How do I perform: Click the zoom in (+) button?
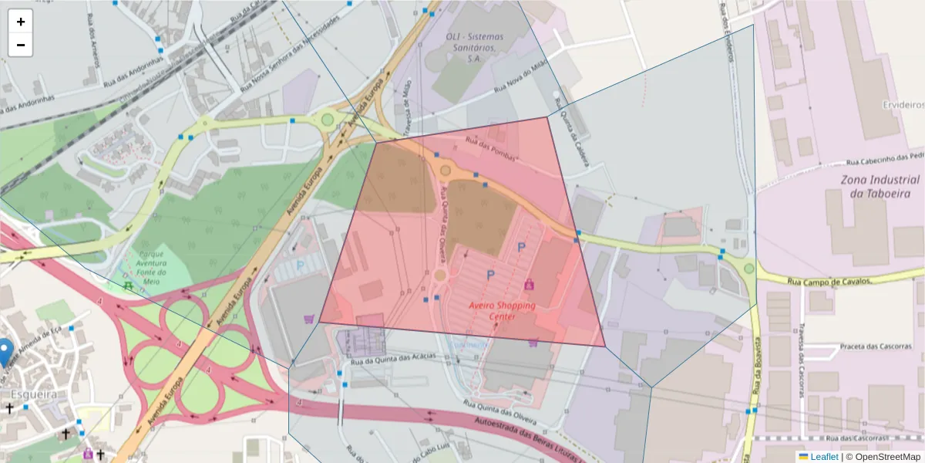(21, 22)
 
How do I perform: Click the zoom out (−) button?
(21, 45)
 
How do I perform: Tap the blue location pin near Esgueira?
(5, 352)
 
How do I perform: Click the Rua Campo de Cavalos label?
(829, 281)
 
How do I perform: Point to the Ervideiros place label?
(903, 104)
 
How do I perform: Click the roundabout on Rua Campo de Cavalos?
(749, 269)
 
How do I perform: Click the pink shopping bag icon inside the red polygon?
(529, 285)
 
